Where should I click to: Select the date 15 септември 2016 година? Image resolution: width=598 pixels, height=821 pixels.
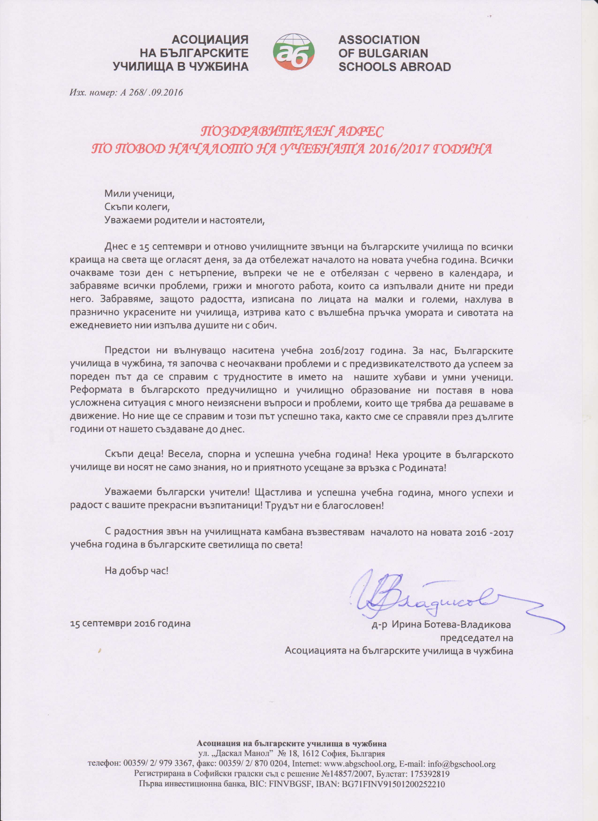point(130,624)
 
